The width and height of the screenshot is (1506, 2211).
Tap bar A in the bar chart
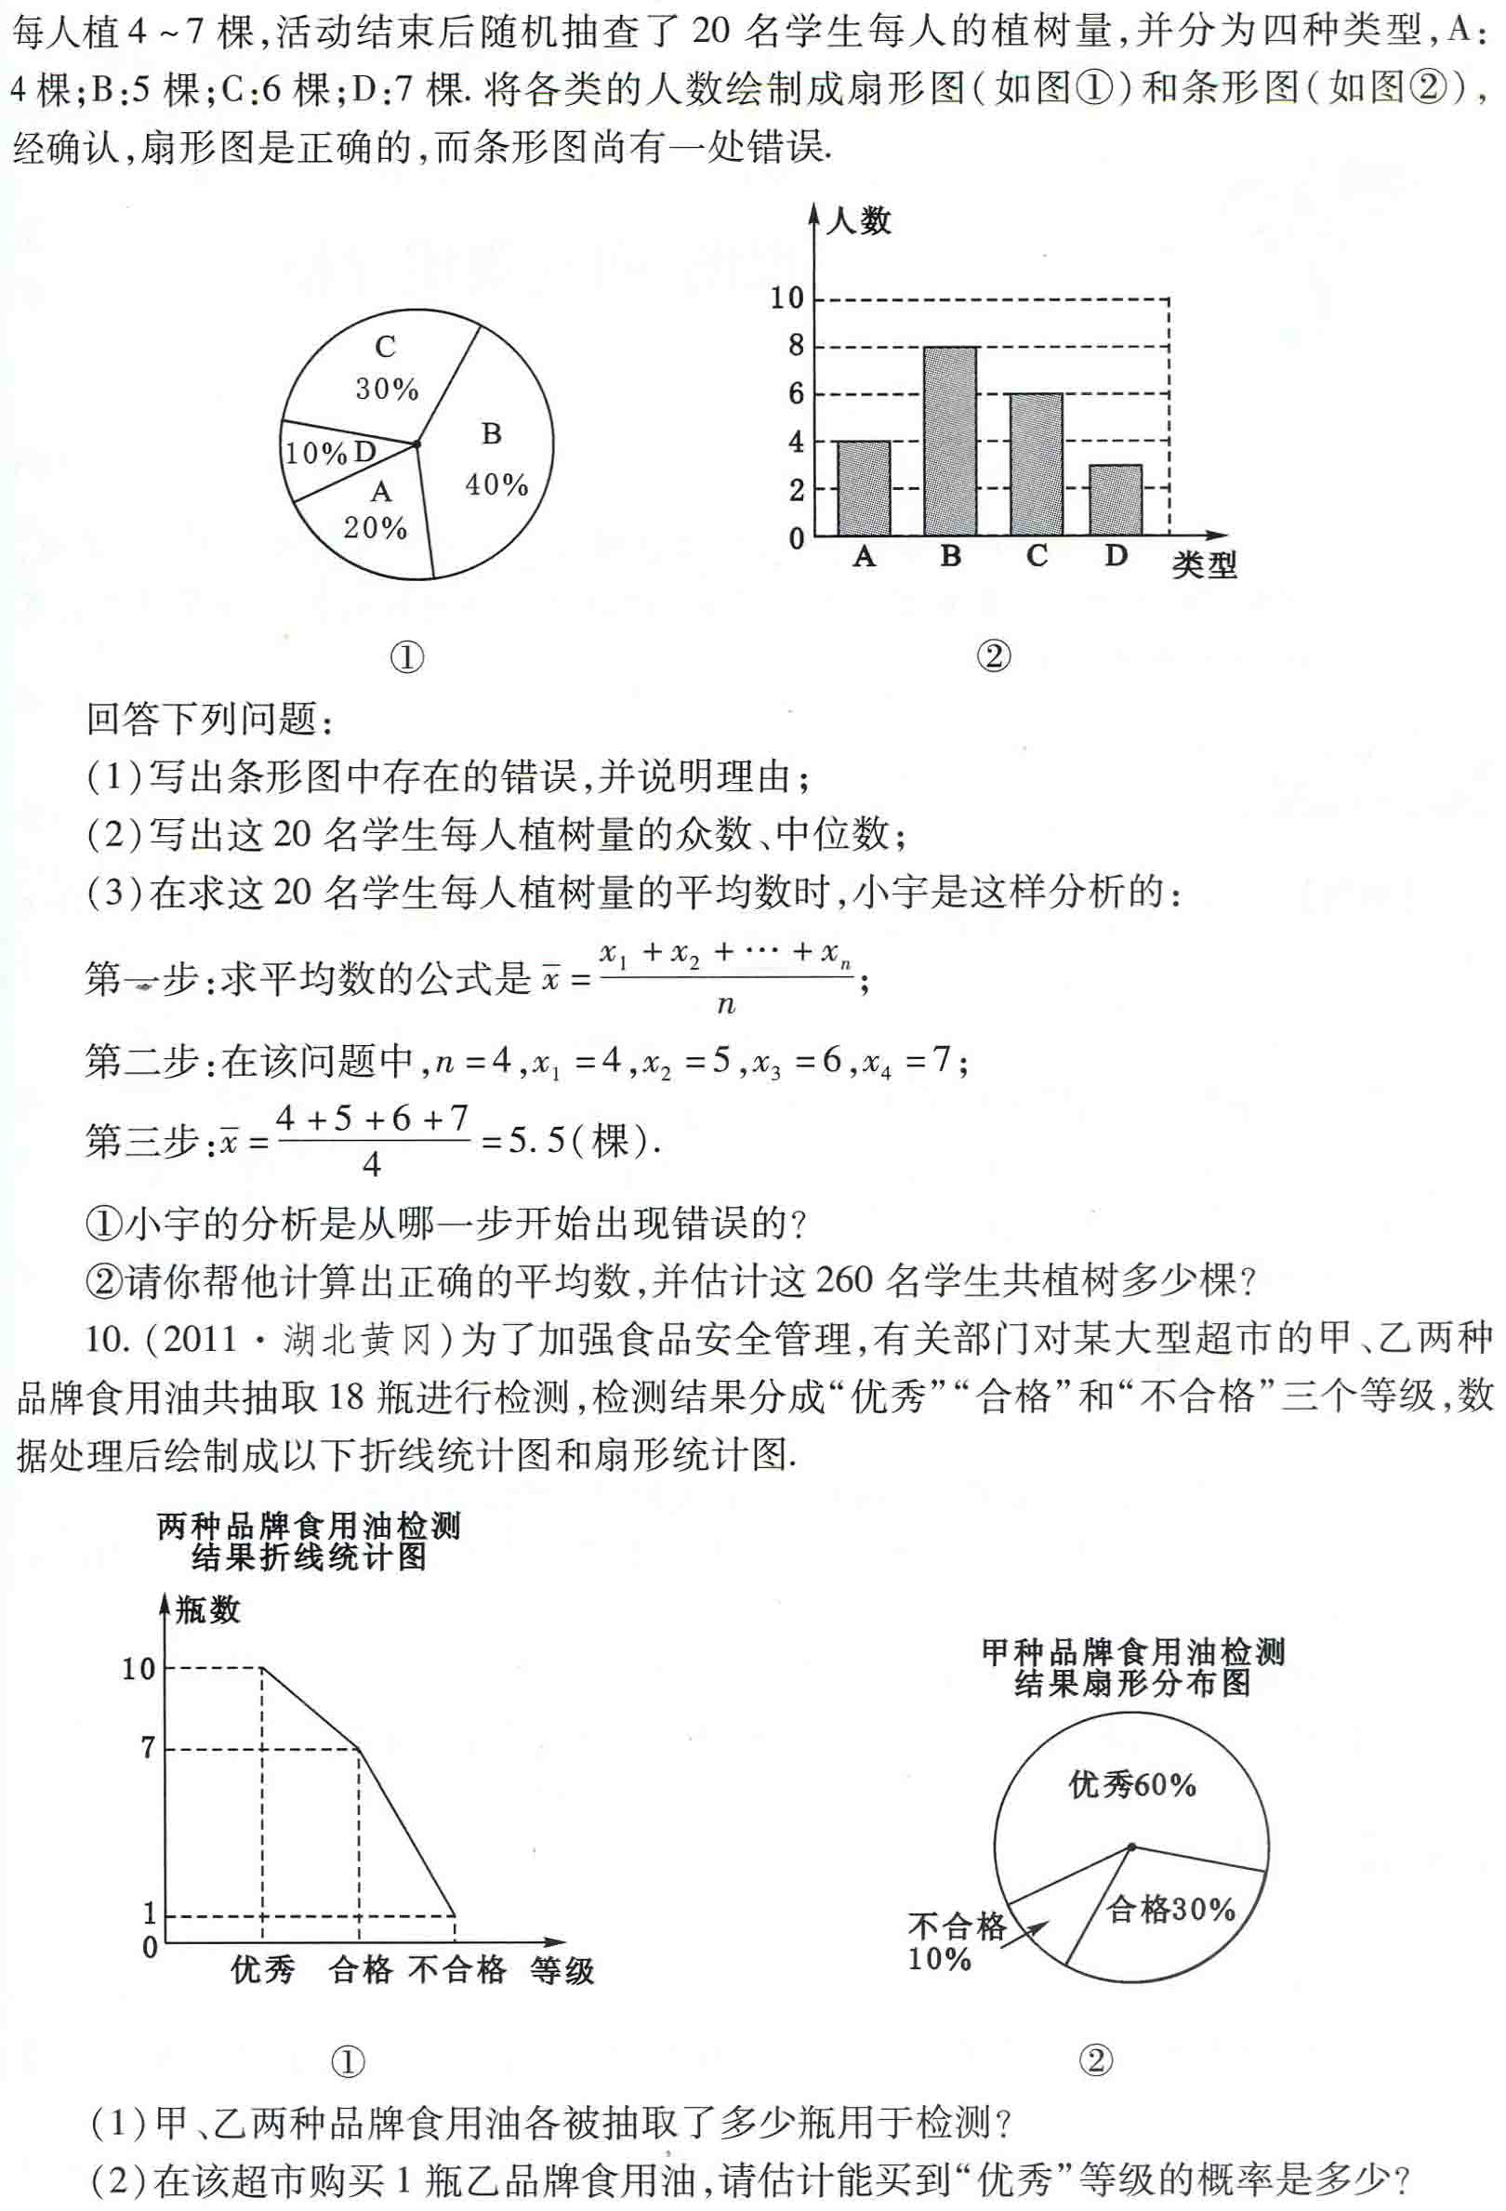864,488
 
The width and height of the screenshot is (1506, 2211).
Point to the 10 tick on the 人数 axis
786,298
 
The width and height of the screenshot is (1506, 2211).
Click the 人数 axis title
858,221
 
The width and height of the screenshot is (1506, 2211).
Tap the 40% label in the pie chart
496,484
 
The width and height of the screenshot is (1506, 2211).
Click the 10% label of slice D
316,454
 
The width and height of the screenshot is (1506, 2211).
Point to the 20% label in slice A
375,528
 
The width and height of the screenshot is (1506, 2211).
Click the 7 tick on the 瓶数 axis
148,1748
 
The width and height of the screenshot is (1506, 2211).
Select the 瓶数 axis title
207,1610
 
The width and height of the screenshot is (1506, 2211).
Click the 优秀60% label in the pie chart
1132,1785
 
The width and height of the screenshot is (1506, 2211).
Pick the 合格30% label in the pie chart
1171,1908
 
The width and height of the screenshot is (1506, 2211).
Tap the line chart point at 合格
359,1749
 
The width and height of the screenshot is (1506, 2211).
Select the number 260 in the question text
844,1280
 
